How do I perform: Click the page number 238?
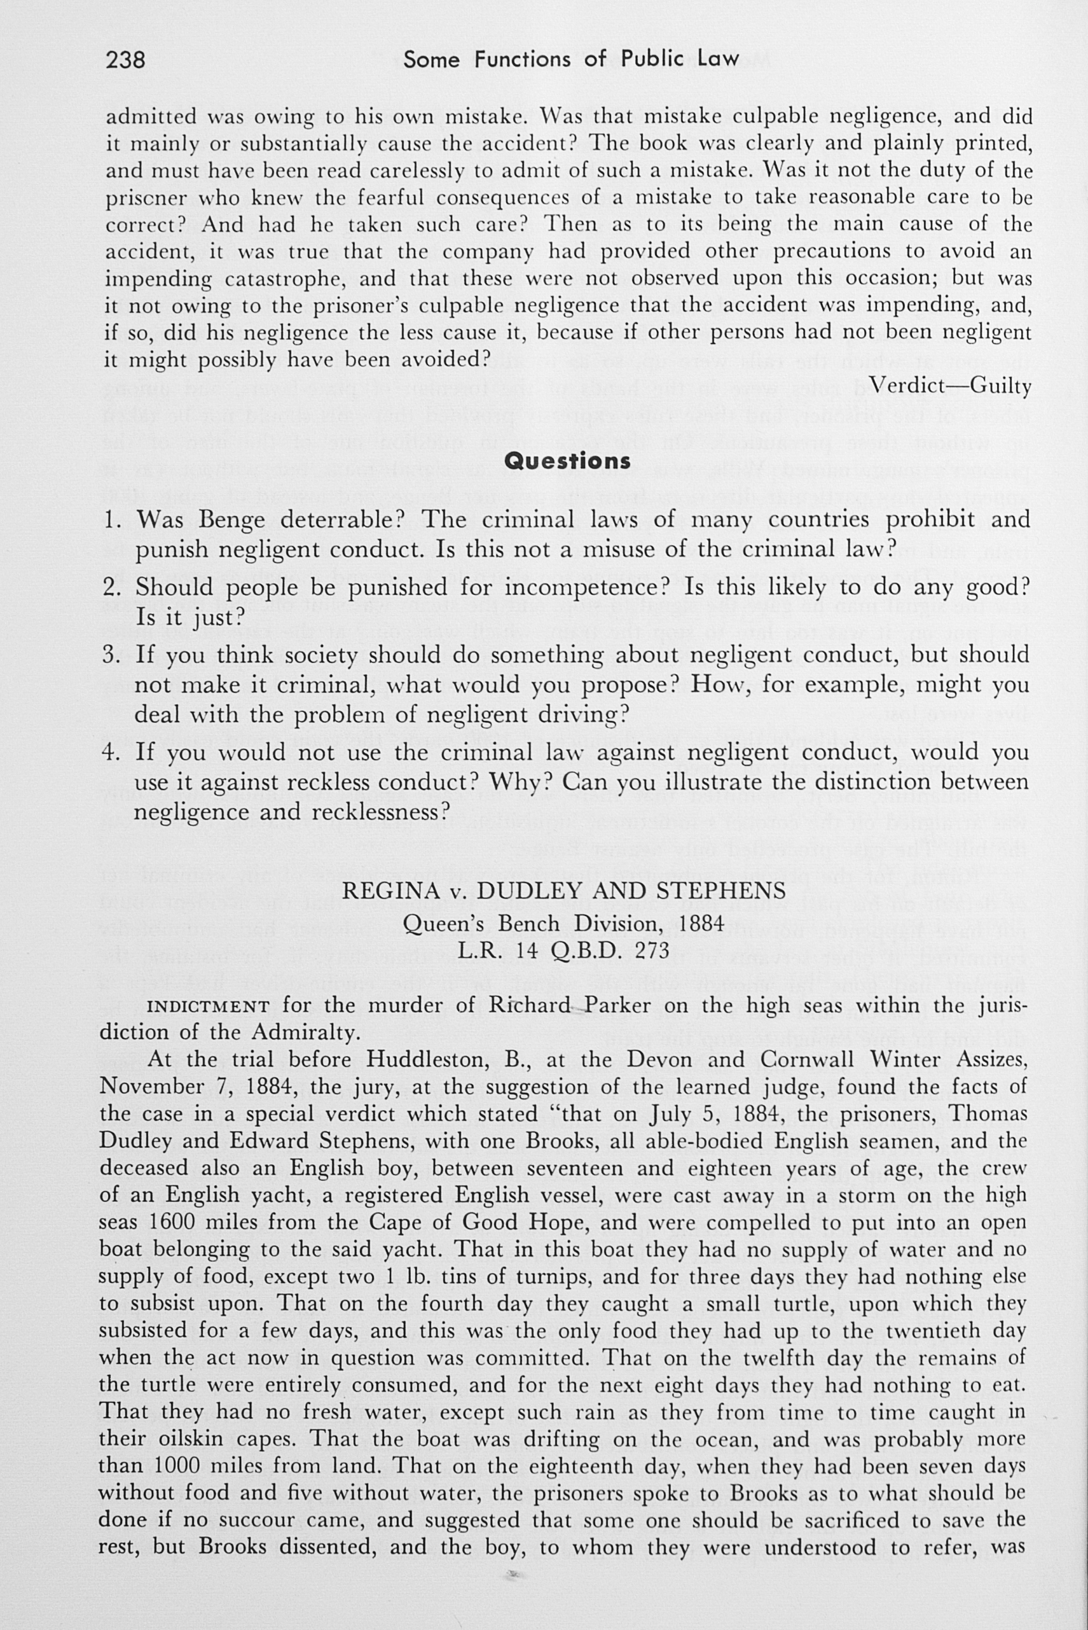click(x=126, y=60)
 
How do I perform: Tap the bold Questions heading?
click(x=568, y=461)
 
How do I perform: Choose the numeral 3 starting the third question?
click(x=111, y=655)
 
